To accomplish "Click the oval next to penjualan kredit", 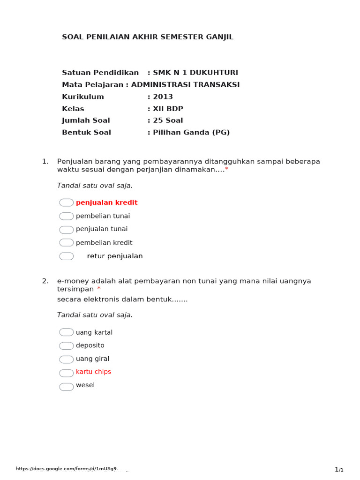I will (66, 202).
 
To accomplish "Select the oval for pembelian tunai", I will (66, 216).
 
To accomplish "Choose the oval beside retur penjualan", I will (66, 256).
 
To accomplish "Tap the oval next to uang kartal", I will (66, 332).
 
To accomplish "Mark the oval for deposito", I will (66, 346).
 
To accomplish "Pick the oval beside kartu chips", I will (66, 373).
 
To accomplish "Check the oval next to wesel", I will (66, 387).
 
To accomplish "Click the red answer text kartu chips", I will (93, 372).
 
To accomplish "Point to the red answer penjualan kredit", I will (106, 202).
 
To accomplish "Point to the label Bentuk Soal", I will (86, 133).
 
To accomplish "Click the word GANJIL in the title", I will (218, 37).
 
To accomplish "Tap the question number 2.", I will (45, 281).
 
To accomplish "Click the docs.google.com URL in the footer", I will (67, 469).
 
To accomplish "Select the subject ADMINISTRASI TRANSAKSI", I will (185, 85).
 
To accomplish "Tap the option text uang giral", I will (92, 359).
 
